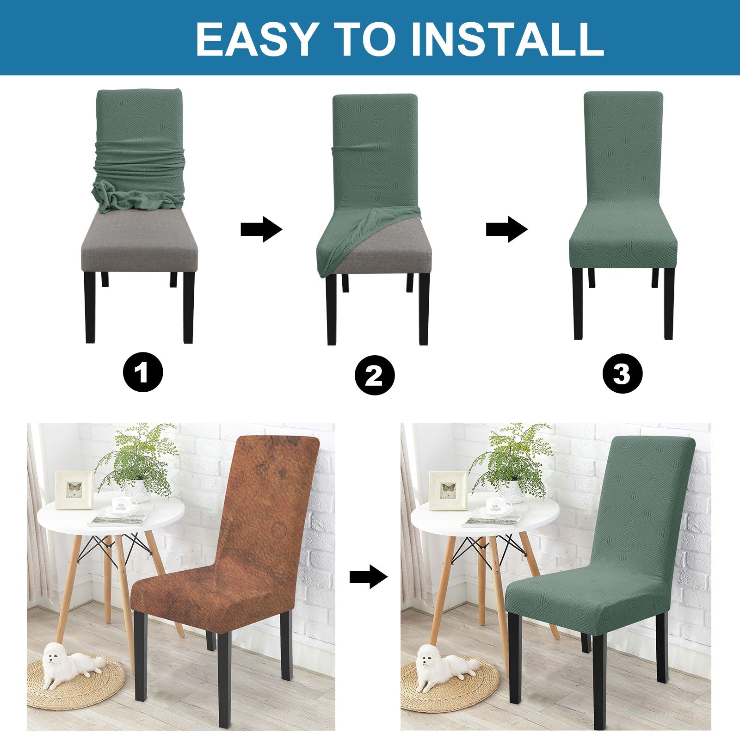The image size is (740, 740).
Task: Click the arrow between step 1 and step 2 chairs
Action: pyautogui.click(x=261, y=229)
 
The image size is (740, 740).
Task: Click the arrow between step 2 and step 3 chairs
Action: pyautogui.click(x=506, y=229)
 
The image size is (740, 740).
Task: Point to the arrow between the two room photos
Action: pyautogui.click(x=368, y=577)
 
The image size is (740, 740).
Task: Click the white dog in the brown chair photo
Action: pyautogui.click(x=69, y=664)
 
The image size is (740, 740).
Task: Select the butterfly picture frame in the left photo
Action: pyautogui.click(x=74, y=489)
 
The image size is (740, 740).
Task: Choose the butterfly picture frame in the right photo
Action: pyautogui.click(x=447, y=490)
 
